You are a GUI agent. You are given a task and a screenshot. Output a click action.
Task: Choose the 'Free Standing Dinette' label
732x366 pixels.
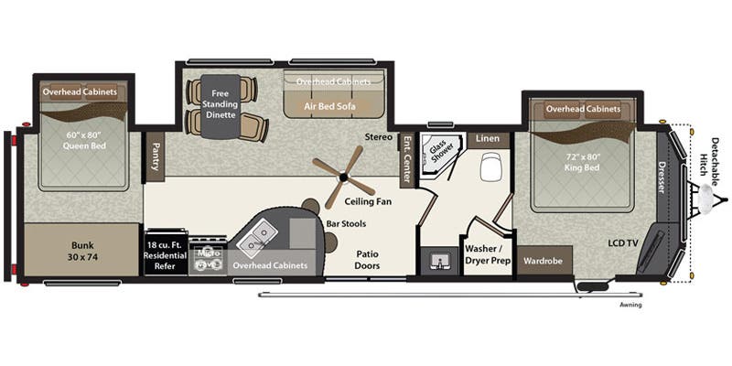[x=224, y=103]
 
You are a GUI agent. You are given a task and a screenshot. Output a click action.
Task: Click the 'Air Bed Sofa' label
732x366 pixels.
[x=331, y=105]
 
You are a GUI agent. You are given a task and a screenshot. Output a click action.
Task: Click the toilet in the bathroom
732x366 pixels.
[x=490, y=167]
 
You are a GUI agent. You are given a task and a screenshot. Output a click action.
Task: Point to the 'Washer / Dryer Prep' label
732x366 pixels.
[x=486, y=253]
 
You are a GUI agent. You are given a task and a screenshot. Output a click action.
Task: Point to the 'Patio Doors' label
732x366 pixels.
[x=369, y=260]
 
